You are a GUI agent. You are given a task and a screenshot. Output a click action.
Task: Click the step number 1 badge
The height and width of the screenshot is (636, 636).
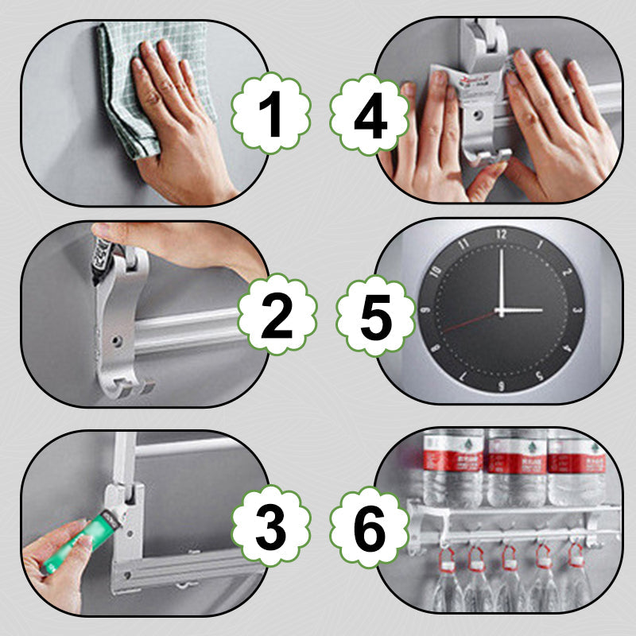(270, 116)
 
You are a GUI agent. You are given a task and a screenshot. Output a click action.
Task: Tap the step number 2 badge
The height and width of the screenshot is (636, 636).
(277, 316)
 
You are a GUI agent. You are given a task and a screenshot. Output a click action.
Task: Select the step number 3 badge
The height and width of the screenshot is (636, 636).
(270, 524)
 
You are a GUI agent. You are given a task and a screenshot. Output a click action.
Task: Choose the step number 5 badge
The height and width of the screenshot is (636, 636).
(375, 316)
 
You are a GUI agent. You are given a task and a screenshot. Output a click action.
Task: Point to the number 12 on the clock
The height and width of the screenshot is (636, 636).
(500, 235)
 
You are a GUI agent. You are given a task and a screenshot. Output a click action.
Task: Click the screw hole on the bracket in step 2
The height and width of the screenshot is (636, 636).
(116, 340)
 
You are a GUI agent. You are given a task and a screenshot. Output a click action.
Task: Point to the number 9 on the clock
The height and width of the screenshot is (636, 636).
(425, 311)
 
